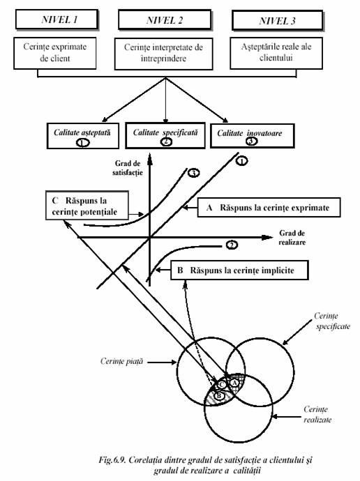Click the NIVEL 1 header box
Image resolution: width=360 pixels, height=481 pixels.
pyautogui.click(x=57, y=20)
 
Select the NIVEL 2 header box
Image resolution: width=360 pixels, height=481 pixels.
pyautogui.click(x=165, y=20)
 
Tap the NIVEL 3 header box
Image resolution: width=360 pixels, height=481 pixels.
pyautogui.click(x=278, y=20)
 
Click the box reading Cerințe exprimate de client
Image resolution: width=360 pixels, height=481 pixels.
pyautogui.click(x=55, y=53)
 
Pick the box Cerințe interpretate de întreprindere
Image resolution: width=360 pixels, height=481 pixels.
pyautogui.click(x=163, y=54)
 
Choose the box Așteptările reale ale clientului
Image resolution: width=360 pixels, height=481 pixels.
pyautogui.click(x=276, y=53)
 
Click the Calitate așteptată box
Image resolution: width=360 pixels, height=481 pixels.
pyautogui.click(x=83, y=136)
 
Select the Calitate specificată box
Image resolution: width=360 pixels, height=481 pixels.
pyautogui.click(x=165, y=136)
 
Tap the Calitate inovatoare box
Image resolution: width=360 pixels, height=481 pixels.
pyautogui.click(x=253, y=136)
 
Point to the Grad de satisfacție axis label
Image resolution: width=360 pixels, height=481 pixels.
pyautogui.click(x=128, y=168)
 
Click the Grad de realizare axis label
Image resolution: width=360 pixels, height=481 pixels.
pyautogui.click(x=292, y=238)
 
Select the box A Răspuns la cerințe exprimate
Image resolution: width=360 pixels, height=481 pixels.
pyautogui.click(x=269, y=207)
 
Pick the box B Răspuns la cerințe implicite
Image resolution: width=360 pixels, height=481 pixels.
pyautogui.click(x=239, y=270)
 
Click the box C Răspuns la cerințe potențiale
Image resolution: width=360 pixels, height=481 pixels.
pyautogui.click(x=87, y=206)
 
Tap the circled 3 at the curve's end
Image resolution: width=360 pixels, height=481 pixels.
pyautogui.click(x=193, y=174)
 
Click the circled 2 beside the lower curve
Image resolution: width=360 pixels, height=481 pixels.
pyautogui.click(x=232, y=245)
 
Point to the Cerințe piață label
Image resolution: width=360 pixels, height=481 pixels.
pyautogui.click(x=122, y=361)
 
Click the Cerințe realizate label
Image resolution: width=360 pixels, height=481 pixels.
pyautogui.click(x=317, y=415)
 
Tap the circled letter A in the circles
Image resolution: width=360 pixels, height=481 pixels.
pyautogui.click(x=234, y=383)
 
